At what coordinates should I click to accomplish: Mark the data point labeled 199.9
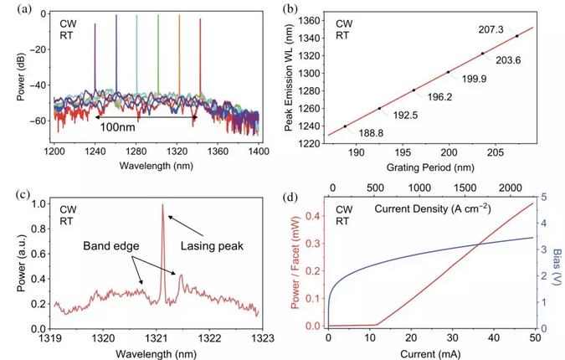coord(449,72)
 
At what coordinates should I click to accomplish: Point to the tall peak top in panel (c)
coord(162,205)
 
